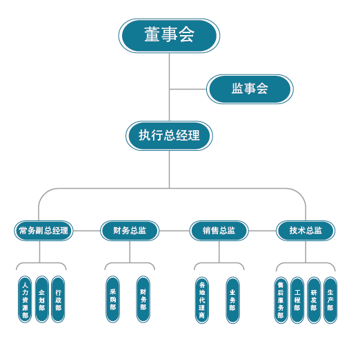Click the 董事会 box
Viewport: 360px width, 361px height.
point(169,36)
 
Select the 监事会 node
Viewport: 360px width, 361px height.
point(250,89)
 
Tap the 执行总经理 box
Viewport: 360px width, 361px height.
point(169,136)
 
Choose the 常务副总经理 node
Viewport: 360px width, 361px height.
point(43,231)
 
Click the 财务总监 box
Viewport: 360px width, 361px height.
point(130,231)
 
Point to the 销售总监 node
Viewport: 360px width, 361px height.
point(219,231)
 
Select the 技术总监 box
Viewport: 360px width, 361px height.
point(306,231)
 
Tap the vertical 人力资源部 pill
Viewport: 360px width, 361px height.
point(25,299)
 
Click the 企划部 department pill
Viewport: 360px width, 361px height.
point(41,299)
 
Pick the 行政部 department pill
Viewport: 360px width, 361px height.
point(58,299)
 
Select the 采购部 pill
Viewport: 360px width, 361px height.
point(112,299)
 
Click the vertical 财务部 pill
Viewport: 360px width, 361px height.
point(143,299)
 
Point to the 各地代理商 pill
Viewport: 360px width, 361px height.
point(202,300)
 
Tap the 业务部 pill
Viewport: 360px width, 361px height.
point(232,300)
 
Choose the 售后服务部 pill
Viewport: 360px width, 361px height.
point(281,300)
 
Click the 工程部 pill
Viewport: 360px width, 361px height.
point(297,300)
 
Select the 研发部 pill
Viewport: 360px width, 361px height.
point(314,300)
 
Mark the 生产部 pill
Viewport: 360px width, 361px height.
point(330,300)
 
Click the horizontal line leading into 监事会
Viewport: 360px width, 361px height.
point(188,89)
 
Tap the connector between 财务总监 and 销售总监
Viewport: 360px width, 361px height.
point(174,231)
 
